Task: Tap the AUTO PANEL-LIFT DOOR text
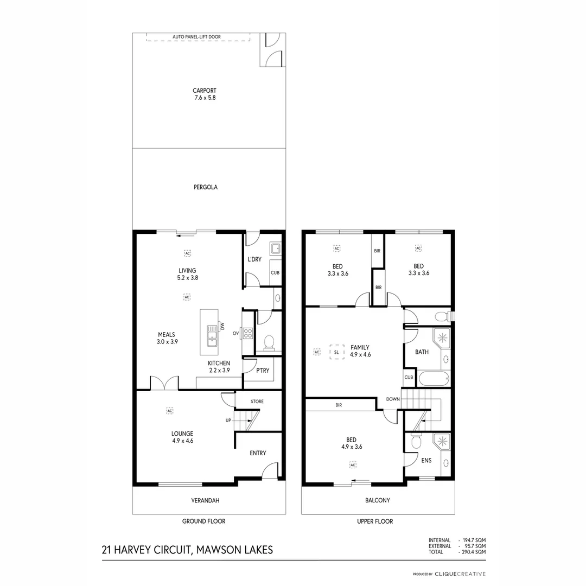(x=196, y=37)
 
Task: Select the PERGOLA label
(x=205, y=187)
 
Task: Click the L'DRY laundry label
(x=255, y=259)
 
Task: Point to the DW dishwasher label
(x=222, y=326)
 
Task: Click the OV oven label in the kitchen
(x=235, y=333)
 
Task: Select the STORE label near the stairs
(x=257, y=402)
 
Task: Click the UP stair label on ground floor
(x=228, y=421)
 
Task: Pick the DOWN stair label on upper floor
(x=393, y=399)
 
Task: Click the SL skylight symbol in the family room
(x=336, y=352)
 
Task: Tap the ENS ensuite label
(x=426, y=460)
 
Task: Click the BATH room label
(x=422, y=352)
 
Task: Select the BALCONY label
(x=378, y=500)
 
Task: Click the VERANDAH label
(x=208, y=500)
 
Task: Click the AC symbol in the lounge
(x=169, y=411)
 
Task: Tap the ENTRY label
(x=258, y=453)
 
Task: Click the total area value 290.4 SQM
(x=473, y=552)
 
